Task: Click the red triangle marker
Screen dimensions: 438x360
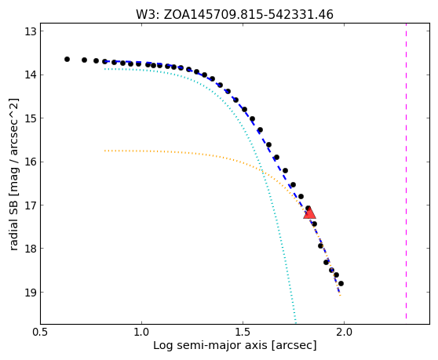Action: (309, 213)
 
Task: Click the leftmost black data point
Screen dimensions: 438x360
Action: (67, 59)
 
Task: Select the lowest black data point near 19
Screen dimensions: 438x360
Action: (341, 284)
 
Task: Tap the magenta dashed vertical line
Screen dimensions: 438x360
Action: (406, 171)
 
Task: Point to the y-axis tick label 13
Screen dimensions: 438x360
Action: (31, 31)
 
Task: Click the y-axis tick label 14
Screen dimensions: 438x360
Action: (31, 75)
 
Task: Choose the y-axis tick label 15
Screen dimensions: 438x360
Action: (31, 118)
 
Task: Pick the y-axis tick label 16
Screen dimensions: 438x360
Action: (31, 162)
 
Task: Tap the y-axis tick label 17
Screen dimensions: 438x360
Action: (31, 205)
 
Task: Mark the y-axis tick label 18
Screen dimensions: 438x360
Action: (31, 249)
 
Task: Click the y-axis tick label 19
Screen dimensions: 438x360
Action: (31, 292)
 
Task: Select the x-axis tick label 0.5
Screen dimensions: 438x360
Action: (41, 333)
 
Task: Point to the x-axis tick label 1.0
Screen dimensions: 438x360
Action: (141, 333)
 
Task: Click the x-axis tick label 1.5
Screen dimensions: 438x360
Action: (243, 333)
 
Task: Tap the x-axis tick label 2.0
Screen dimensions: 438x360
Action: (344, 333)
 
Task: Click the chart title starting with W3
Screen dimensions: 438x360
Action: (235, 15)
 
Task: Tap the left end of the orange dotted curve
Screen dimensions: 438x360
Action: (104, 151)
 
